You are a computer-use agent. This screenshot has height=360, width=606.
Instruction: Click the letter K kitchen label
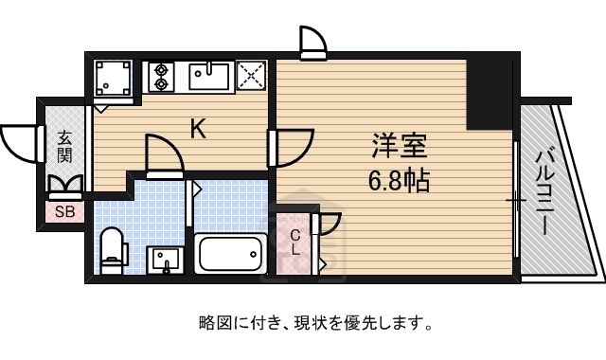[x=198, y=129]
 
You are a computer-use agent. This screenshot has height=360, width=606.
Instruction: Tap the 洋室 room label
[x=400, y=145]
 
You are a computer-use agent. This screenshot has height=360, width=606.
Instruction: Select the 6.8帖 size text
[x=399, y=181]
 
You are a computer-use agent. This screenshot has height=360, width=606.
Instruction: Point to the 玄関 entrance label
[x=65, y=147]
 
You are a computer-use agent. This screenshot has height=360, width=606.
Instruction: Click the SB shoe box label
[x=64, y=211]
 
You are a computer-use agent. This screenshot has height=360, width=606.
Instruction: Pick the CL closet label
[x=295, y=243]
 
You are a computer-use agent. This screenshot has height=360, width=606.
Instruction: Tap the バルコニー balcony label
[x=545, y=193]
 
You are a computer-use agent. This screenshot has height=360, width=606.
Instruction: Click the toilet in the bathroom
[x=114, y=250]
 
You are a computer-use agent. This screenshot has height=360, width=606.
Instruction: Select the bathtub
[x=231, y=254]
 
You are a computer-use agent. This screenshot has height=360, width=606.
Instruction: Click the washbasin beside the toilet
[x=166, y=260]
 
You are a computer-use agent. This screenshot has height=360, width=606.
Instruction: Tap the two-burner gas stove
[x=161, y=77]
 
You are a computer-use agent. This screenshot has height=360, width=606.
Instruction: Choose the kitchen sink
[x=209, y=76]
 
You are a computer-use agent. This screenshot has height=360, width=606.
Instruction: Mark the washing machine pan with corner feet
[x=113, y=78]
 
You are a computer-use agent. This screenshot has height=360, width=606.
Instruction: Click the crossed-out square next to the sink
[x=251, y=76]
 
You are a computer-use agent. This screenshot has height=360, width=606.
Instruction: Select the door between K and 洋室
[x=291, y=148]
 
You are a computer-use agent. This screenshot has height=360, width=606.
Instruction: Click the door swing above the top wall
[x=313, y=40]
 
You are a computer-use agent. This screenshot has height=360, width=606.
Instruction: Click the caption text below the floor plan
[x=315, y=323]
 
